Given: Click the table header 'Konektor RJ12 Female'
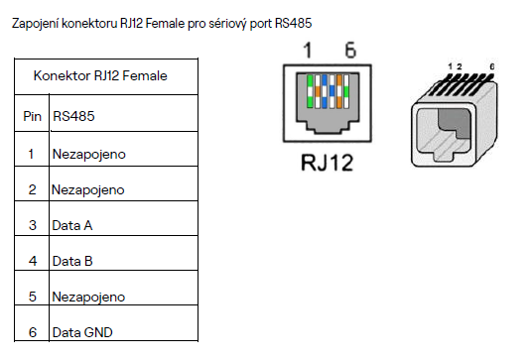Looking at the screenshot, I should click(100, 75).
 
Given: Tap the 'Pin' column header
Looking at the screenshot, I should click(32, 116).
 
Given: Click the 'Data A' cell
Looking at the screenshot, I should click(72, 225).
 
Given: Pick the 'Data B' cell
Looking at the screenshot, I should click(72, 261).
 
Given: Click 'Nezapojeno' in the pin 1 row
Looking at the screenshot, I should click(88, 154).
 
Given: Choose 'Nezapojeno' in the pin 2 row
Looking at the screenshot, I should click(88, 188).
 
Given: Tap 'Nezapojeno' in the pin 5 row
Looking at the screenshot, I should click(88, 297).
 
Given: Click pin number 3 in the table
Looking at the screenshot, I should click(32, 225).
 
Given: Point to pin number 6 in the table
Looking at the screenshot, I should click(32, 332).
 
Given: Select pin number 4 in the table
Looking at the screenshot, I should click(32, 261).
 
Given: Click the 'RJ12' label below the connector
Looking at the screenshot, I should click(328, 162).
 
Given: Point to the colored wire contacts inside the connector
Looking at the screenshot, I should click(328, 90).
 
